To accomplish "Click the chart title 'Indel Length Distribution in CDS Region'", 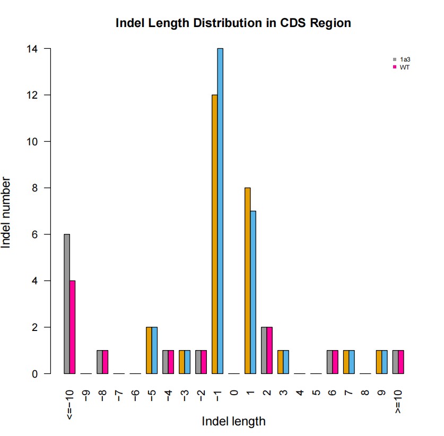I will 233,23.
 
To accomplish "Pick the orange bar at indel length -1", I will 214,234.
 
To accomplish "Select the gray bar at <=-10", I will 67,304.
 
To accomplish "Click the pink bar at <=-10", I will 73,327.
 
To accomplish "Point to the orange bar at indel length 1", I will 247,281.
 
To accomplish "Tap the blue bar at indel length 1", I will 253,292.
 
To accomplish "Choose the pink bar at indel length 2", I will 269,350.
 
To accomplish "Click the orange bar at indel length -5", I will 149,350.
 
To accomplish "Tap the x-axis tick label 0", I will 234,395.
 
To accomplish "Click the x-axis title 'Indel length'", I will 233,422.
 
